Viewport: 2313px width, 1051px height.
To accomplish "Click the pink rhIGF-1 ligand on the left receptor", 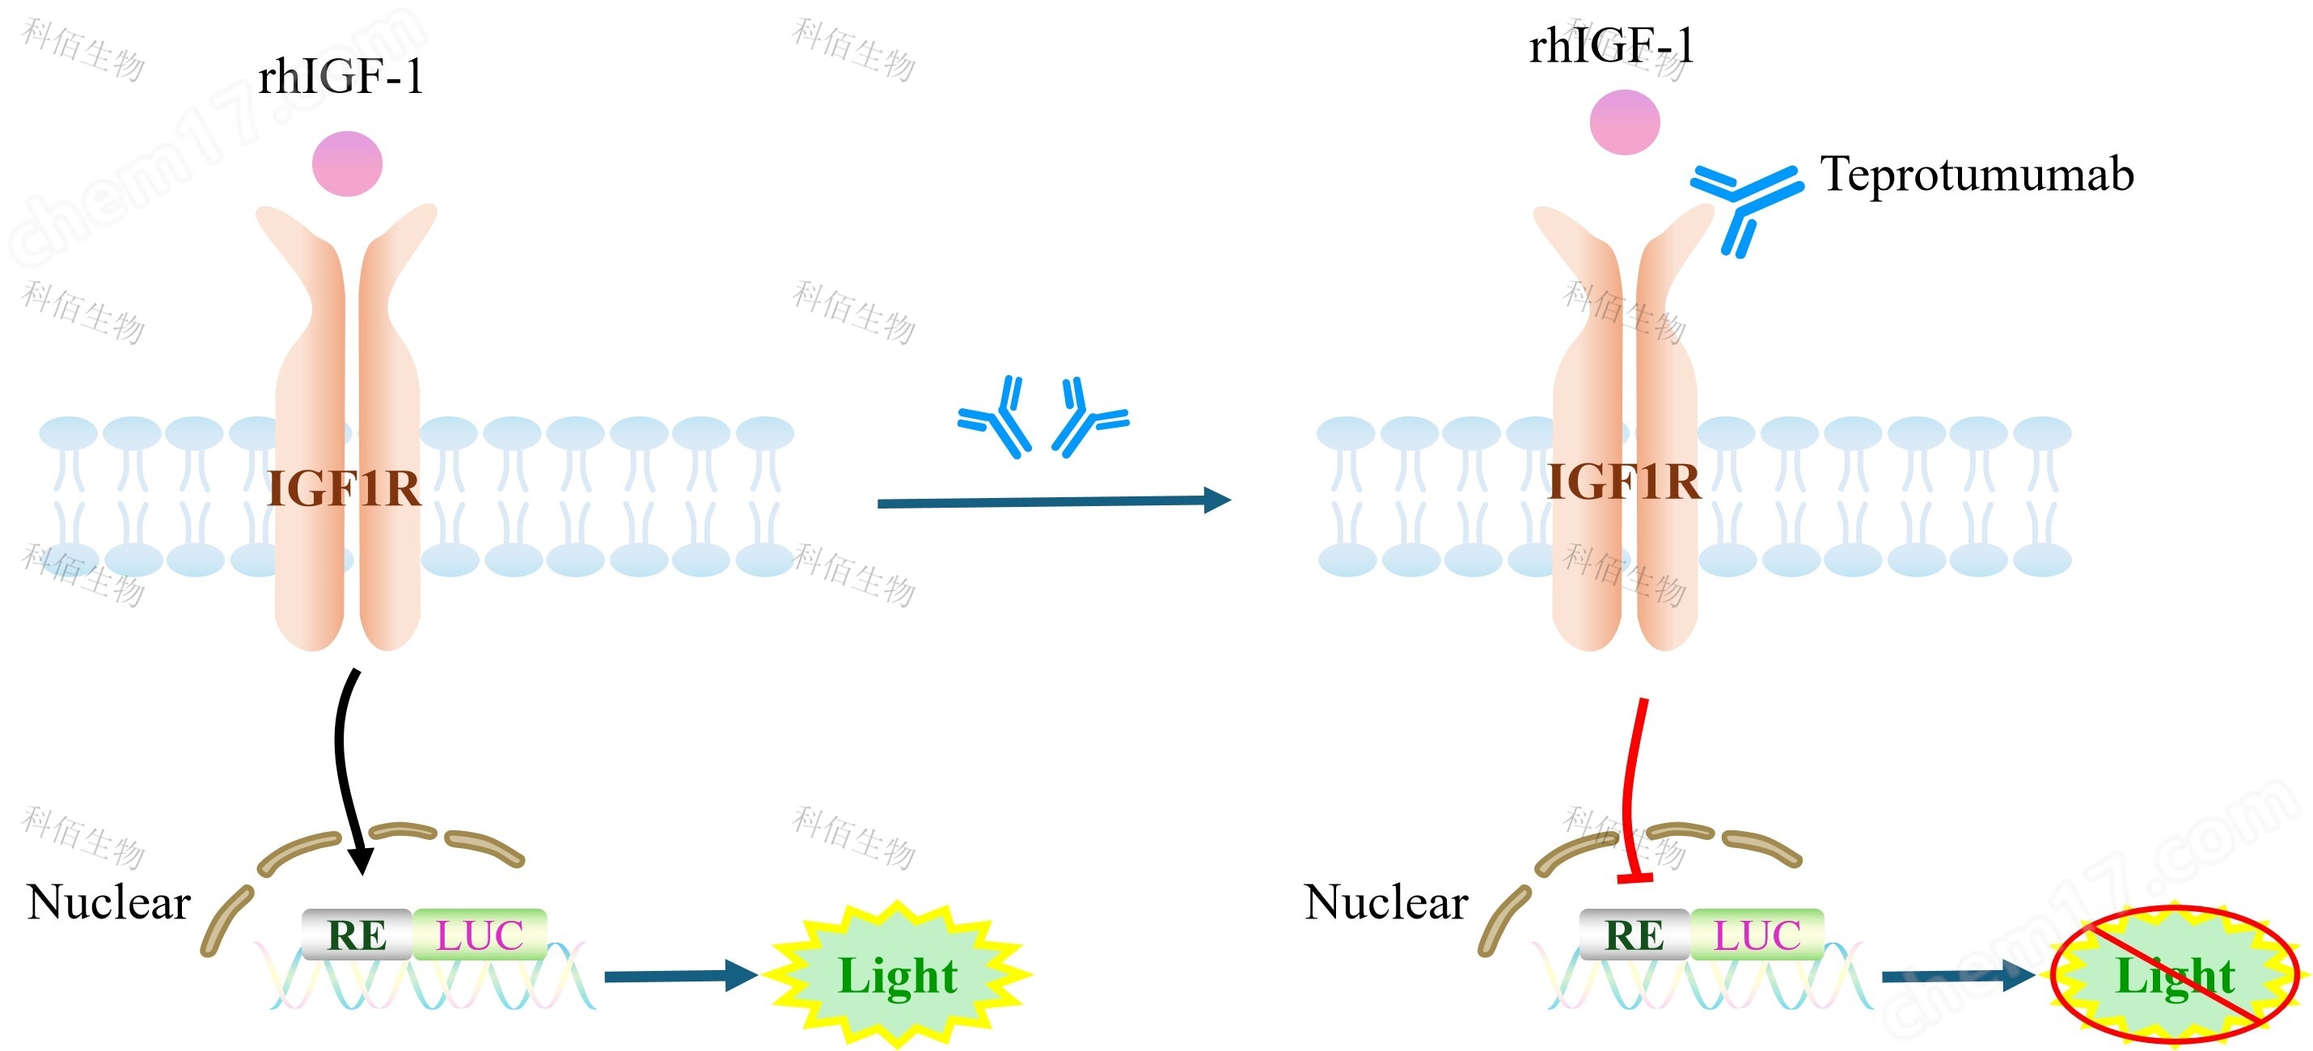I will (x=347, y=164).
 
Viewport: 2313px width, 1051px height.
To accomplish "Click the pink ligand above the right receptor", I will (x=1623, y=122).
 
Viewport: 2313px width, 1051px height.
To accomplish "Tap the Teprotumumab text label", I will (x=1976, y=174).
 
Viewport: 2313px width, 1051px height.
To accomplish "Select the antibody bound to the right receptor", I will (x=1745, y=202).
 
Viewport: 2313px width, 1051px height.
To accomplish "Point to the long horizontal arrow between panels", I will (x=1051, y=502).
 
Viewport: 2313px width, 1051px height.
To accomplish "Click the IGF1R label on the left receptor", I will (x=344, y=490).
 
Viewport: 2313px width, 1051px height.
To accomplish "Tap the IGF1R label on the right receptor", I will (x=1622, y=483).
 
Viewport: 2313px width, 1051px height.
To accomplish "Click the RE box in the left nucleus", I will (x=357, y=935).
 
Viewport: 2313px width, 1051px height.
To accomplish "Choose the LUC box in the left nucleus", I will (x=480, y=935).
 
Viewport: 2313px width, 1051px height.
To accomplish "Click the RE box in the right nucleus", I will (x=1634, y=935).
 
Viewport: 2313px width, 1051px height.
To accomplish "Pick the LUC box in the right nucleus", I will (x=1757, y=935).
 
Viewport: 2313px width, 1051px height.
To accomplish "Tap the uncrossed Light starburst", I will (x=897, y=976).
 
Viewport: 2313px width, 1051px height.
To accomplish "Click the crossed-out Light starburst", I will (x=2174, y=976).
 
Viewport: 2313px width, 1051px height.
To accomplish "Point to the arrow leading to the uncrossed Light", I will (x=679, y=976).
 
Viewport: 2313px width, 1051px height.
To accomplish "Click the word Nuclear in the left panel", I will (x=108, y=902).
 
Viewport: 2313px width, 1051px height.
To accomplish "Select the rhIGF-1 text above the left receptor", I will (x=340, y=77).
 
